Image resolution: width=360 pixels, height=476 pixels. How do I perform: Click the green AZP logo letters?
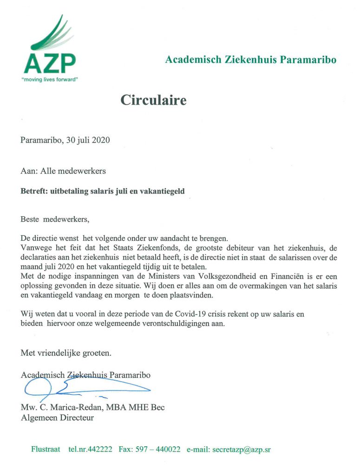click(50, 64)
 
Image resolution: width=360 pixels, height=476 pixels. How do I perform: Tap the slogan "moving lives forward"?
click(50, 79)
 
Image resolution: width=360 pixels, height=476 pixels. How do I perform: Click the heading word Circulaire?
click(153, 100)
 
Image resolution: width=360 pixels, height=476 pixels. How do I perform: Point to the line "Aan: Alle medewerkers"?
click(63, 171)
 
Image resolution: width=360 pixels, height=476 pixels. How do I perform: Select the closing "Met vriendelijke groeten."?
click(66, 353)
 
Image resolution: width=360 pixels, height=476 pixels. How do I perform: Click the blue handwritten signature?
click(74, 386)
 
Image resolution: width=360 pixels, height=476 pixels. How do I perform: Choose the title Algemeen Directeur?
click(57, 418)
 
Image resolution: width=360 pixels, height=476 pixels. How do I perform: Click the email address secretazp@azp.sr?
click(241, 450)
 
